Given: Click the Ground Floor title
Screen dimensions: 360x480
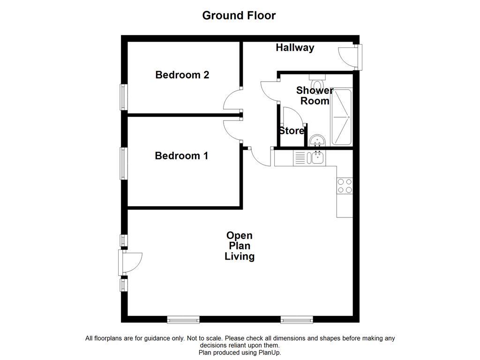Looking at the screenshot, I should [239, 15].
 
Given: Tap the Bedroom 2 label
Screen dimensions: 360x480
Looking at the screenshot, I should [182, 75].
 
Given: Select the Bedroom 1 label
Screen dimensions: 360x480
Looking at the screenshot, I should [181, 156].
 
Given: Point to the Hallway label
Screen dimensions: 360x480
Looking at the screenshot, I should [295, 47].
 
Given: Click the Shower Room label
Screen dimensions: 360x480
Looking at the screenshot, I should [315, 96].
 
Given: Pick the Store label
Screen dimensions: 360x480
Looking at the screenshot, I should [292, 131].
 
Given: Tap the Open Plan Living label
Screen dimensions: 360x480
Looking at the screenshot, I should [240, 246].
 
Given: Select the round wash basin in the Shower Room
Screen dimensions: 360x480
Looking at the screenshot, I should [318, 140].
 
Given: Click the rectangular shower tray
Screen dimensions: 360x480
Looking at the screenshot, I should [341, 117].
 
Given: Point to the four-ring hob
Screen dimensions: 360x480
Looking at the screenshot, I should [345, 186].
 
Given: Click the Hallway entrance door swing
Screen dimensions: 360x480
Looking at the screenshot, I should [347, 57].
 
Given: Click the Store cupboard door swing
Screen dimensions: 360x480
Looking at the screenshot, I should [292, 116].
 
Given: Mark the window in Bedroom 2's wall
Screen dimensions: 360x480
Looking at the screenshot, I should [124, 97].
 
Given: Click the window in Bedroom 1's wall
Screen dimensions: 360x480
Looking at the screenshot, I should [124, 163].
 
